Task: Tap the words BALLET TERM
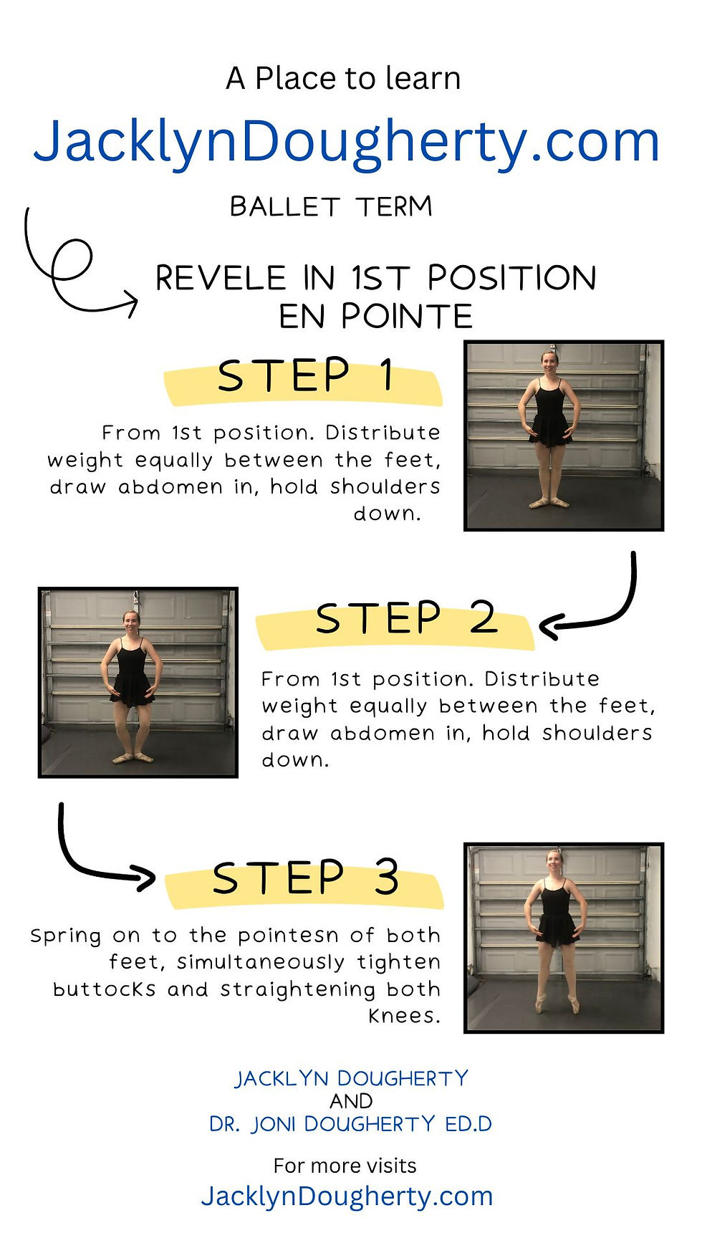click(x=332, y=206)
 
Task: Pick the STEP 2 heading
click(x=406, y=618)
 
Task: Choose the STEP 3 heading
click(x=306, y=878)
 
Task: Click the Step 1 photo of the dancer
click(x=564, y=436)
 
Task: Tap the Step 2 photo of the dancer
click(x=138, y=682)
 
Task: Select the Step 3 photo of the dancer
click(x=564, y=938)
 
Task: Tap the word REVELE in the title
click(x=221, y=278)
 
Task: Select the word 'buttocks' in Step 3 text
click(x=104, y=989)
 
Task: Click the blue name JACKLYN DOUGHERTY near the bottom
click(x=352, y=1078)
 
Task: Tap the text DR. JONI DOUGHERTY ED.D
click(x=351, y=1124)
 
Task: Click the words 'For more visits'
click(x=345, y=1166)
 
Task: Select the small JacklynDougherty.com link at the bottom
click(x=347, y=1196)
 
